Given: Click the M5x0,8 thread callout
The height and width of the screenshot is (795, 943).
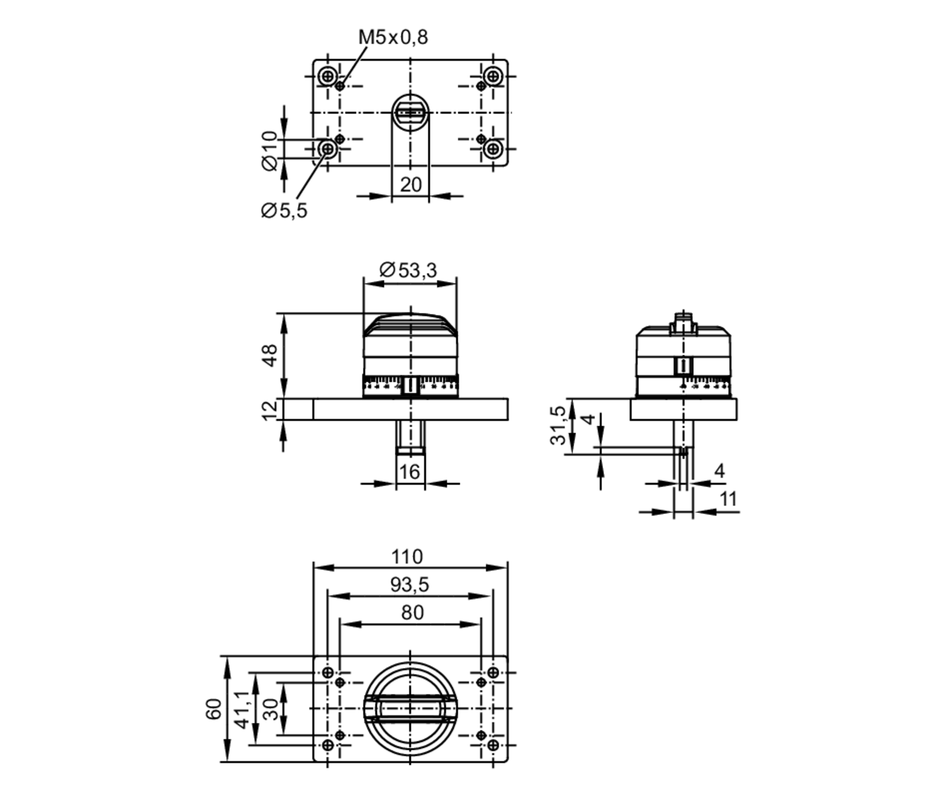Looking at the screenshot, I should pos(393,37).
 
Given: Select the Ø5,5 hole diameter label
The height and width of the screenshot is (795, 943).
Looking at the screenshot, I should pos(283,211).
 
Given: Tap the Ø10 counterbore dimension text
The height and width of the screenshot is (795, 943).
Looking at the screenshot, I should pos(270,151).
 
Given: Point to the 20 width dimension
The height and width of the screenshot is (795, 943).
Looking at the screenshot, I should pos(410,185).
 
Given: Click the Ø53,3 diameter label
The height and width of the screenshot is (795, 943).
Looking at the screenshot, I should pos(408,270).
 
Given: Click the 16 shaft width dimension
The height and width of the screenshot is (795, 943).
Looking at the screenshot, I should pos(409,472).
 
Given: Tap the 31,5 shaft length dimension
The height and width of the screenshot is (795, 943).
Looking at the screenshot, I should pos(558,425).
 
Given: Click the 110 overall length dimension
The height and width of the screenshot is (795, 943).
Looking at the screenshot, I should pos(407,557).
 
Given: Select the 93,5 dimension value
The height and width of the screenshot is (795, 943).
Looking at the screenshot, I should pos(409,585).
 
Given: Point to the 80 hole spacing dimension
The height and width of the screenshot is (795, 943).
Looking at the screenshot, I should pos(412,613).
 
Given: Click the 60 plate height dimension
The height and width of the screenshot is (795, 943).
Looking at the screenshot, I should pos(214,709).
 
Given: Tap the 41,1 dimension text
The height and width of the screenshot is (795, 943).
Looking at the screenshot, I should pos(242,709).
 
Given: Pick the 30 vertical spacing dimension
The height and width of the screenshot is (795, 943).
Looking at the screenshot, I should pos(270,709).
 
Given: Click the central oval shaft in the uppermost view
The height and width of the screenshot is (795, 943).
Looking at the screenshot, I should pos(410,113).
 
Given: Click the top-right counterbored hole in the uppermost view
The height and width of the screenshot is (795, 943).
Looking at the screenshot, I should pos(493,76).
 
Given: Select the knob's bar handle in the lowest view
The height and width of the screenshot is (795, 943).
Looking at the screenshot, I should pos(410,708).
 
